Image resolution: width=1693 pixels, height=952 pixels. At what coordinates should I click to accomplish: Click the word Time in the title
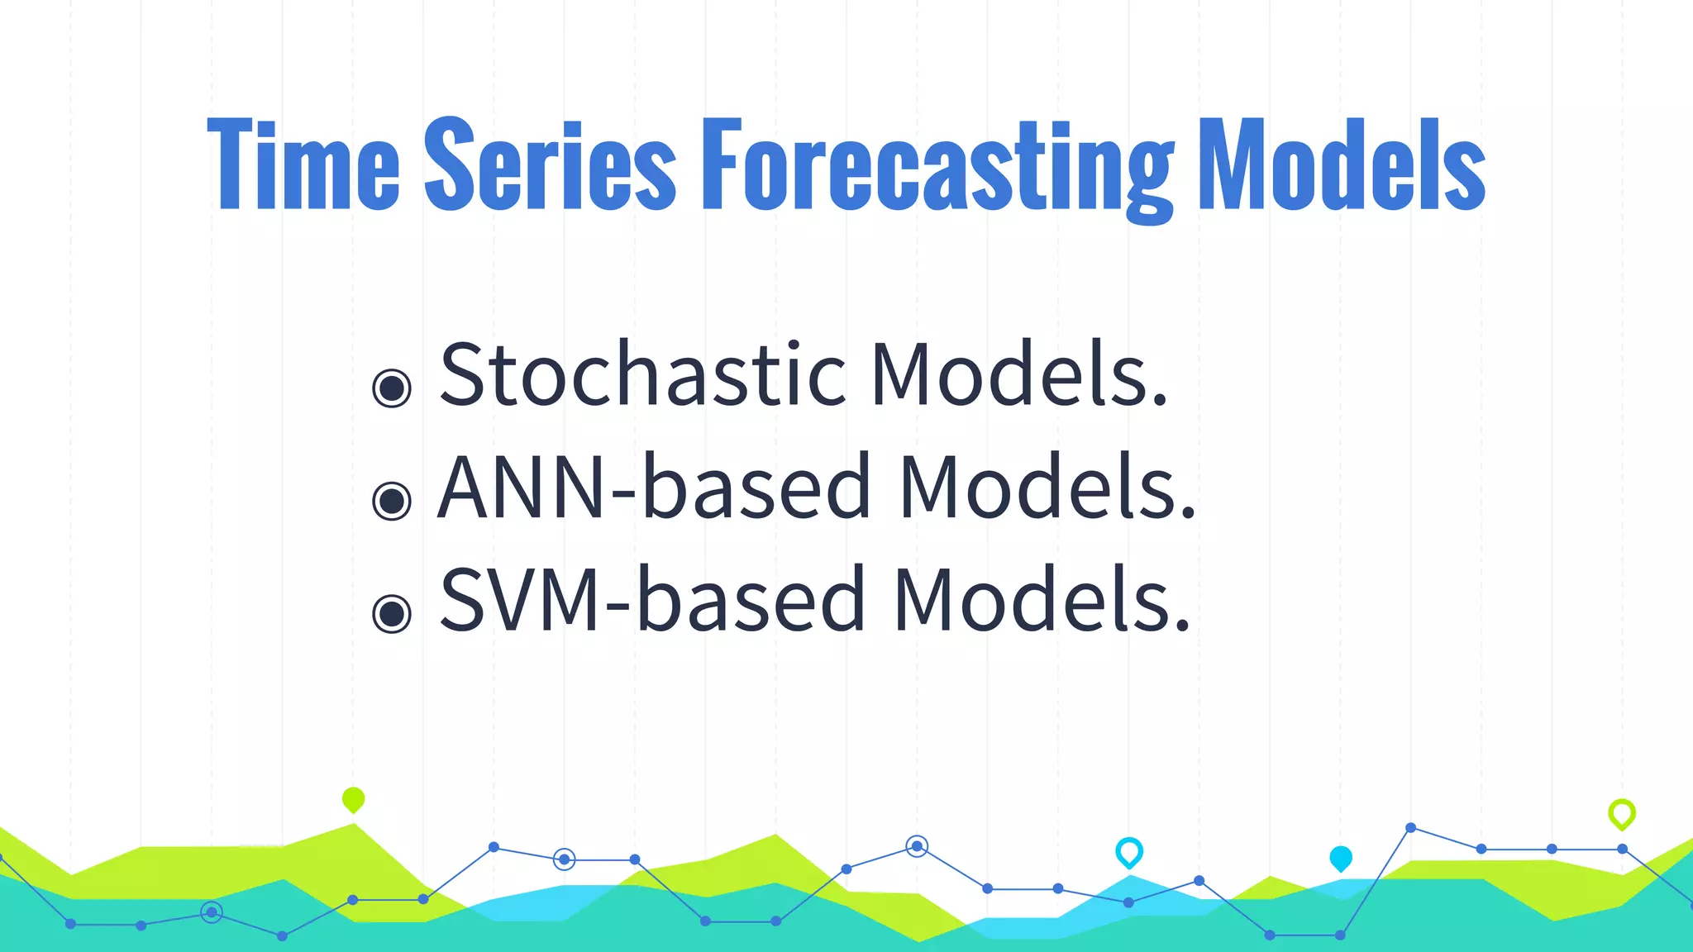click(x=303, y=165)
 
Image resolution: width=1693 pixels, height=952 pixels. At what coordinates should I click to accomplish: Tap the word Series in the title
click(x=550, y=165)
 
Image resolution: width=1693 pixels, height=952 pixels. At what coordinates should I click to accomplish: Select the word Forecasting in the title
click(x=937, y=169)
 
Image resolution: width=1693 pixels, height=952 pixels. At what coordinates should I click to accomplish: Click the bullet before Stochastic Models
click(x=392, y=388)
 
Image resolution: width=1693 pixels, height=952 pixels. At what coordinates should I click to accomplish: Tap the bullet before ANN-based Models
click(x=392, y=500)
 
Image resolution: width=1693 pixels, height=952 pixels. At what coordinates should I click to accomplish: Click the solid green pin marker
click(x=353, y=799)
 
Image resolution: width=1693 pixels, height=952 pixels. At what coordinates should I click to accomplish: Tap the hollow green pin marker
click(x=1622, y=813)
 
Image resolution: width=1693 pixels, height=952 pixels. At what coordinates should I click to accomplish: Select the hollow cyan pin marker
click(x=1129, y=851)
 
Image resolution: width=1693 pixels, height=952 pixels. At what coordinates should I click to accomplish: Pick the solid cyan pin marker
click(x=1341, y=858)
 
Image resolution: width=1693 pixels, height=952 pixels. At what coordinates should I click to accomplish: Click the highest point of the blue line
click(x=1411, y=827)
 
